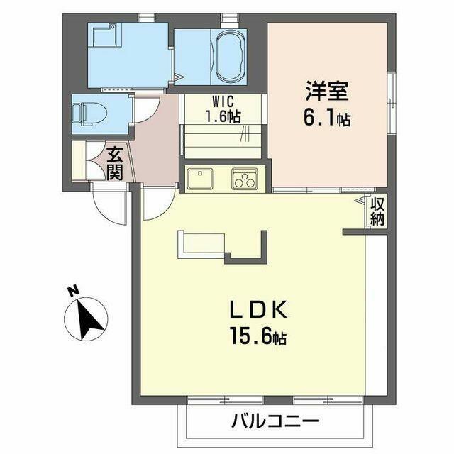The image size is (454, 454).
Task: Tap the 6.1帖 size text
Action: click(327, 118)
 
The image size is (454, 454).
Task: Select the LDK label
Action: click(258, 310)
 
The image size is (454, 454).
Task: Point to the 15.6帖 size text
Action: click(258, 336)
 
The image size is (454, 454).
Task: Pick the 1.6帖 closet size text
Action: click(223, 116)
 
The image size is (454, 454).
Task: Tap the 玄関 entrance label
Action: click(115, 164)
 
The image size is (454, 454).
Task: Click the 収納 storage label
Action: click(377, 212)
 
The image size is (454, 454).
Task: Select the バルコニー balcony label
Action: click(275, 421)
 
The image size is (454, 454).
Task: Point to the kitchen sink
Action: click(200, 179)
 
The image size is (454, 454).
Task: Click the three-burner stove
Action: click(245, 179)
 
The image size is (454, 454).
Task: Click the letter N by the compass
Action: click(73, 291)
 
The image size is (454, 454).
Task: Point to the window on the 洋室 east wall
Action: click(392, 103)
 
